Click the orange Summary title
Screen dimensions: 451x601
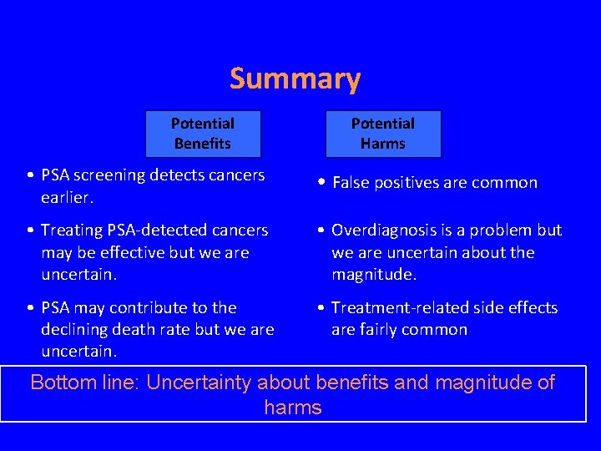click(295, 79)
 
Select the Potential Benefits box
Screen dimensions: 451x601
click(203, 134)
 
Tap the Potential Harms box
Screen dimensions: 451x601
click(382, 134)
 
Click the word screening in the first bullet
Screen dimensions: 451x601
click(110, 175)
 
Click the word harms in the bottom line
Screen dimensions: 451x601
click(293, 408)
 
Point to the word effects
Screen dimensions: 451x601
click(531, 307)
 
